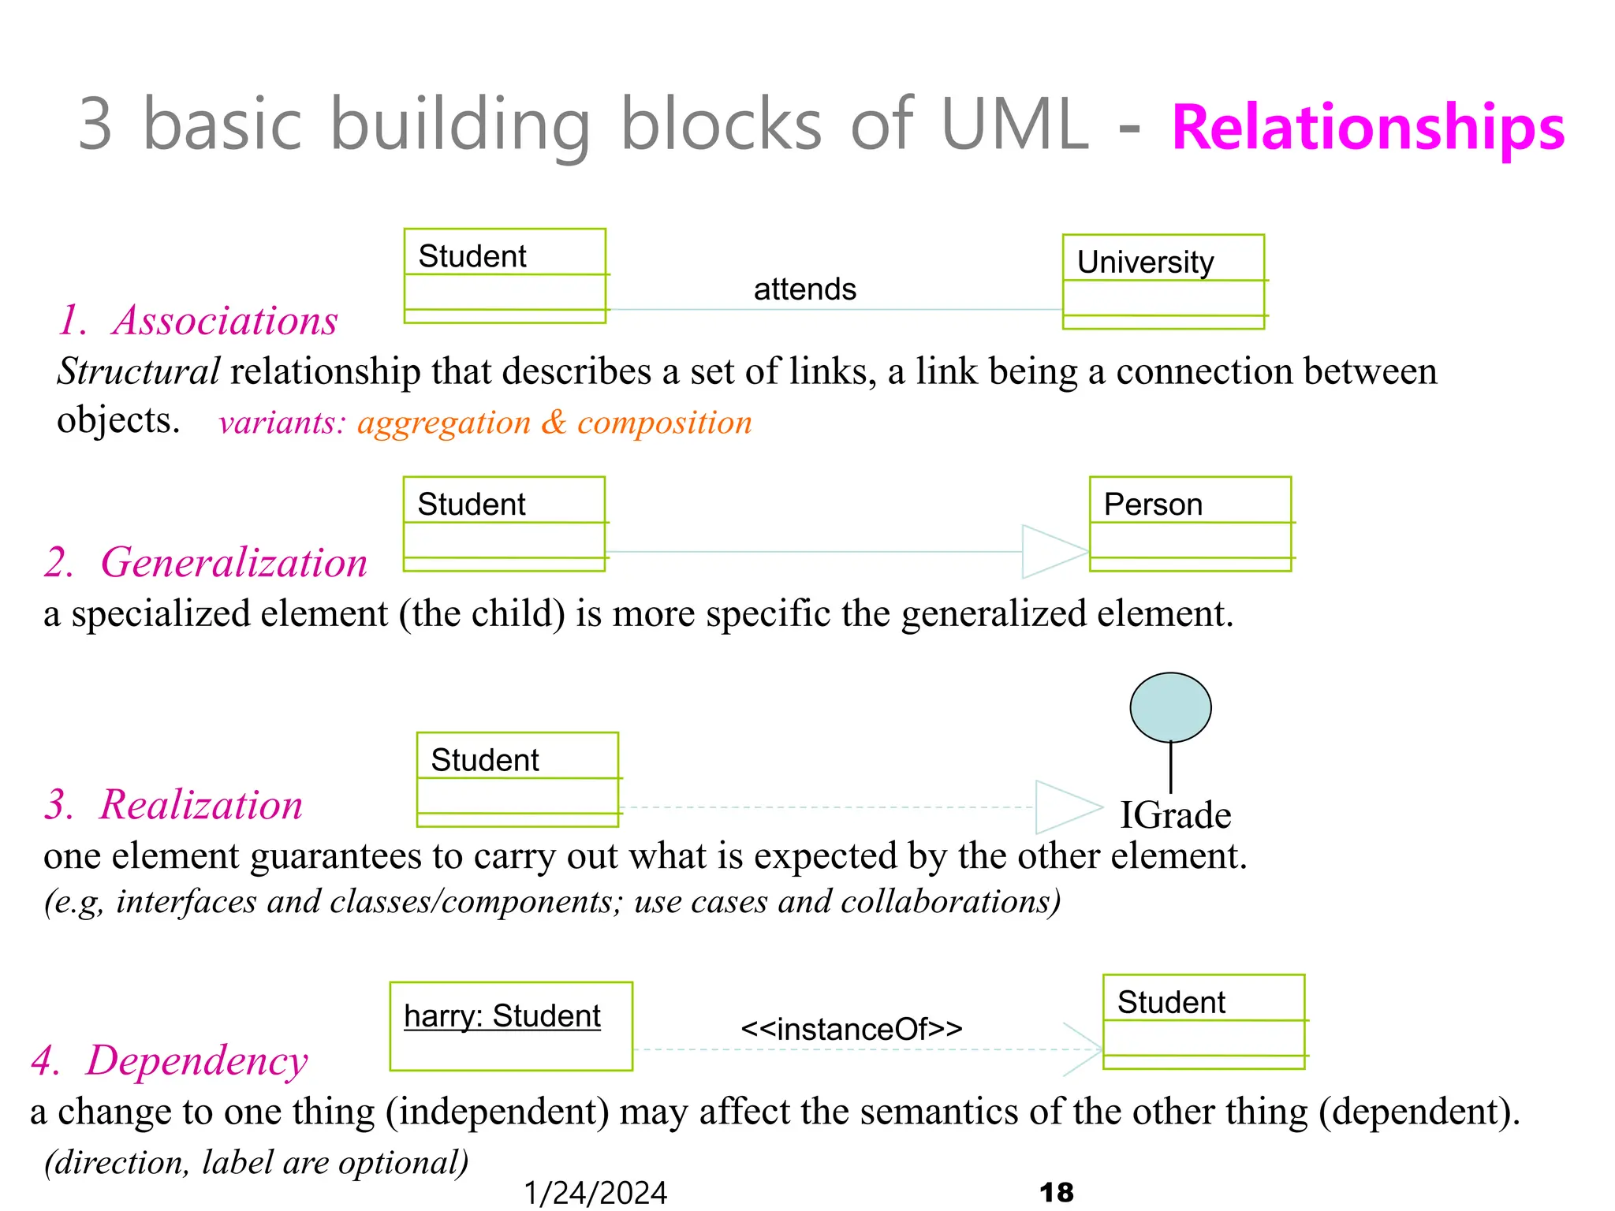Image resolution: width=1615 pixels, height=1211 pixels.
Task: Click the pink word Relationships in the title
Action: (1367, 128)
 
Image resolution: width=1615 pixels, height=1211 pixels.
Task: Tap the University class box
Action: (1163, 281)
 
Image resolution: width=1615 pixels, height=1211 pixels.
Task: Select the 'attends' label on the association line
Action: (804, 289)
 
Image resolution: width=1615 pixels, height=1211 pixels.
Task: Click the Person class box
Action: (1190, 524)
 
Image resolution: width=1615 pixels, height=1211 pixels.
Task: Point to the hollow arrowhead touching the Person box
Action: (1054, 551)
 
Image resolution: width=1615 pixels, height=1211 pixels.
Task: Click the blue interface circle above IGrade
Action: (1170, 707)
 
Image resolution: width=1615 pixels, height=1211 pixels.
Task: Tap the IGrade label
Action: (1175, 815)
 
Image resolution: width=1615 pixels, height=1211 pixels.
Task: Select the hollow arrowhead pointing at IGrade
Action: (1067, 807)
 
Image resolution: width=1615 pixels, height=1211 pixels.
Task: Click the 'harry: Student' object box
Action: (511, 1026)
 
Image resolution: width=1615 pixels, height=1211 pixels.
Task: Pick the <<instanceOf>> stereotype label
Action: (852, 1029)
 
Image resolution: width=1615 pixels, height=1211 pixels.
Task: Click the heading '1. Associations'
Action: (198, 321)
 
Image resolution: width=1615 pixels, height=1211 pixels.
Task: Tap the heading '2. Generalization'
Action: (206, 563)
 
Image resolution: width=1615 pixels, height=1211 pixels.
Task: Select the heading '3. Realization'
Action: (173, 805)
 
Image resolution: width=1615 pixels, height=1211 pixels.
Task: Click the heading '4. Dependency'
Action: (170, 1060)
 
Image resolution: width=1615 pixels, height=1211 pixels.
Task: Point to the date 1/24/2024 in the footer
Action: (595, 1193)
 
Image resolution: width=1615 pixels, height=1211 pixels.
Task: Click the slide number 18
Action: (1057, 1192)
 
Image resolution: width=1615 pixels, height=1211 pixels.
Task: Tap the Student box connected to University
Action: (505, 276)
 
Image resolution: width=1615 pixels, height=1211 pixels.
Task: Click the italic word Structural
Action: (139, 371)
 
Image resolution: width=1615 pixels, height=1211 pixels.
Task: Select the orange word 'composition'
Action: (664, 423)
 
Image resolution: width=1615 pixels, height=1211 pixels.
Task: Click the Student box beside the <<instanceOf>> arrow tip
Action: (1203, 1022)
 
